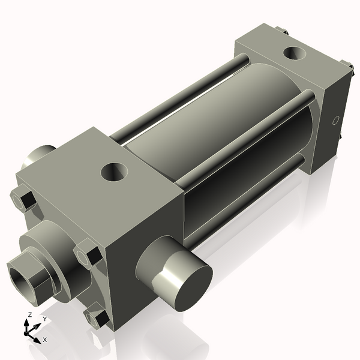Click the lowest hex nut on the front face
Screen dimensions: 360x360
(97, 317)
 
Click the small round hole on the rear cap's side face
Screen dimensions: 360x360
(336, 119)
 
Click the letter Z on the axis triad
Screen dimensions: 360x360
(29, 314)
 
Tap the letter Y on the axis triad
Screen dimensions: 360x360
(44, 319)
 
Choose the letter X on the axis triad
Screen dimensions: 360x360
(44, 340)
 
